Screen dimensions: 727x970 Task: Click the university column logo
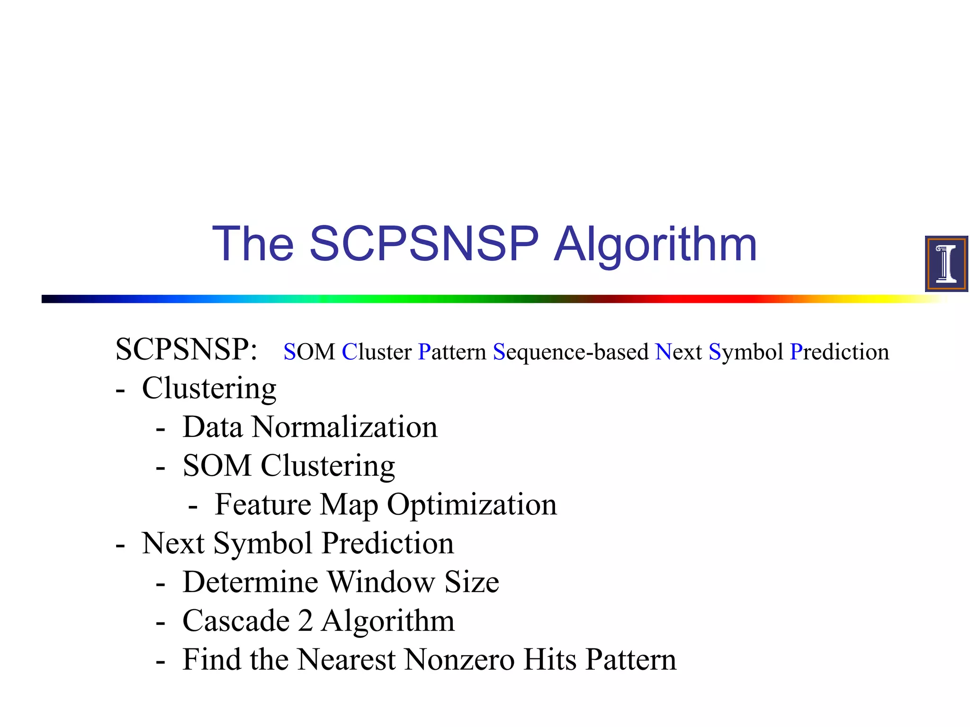coord(946,264)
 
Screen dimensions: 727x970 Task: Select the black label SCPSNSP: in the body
coord(187,350)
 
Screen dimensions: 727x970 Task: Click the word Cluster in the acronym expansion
coord(377,352)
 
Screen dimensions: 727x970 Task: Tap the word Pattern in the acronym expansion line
coord(452,352)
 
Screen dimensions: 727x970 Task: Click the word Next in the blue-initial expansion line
coord(679,352)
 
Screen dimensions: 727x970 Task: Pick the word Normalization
coord(345,427)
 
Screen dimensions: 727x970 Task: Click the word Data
coord(213,427)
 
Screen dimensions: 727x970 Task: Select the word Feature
coord(263,505)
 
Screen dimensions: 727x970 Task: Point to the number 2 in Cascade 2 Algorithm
coord(305,621)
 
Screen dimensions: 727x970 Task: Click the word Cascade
coord(236,621)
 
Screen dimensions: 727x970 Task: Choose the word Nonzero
coord(459,660)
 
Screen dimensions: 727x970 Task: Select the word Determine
coord(250,582)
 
